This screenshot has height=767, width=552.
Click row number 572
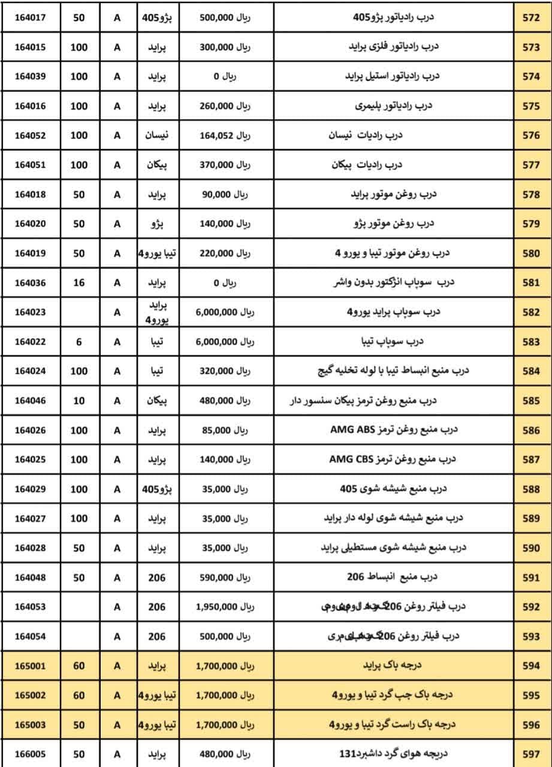click(x=531, y=18)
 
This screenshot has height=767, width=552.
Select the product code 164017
click(x=30, y=18)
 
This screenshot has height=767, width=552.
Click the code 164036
click(x=30, y=283)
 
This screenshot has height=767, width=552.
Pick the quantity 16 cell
click(x=79, y=283)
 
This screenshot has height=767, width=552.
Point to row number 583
click(x=531, y=342)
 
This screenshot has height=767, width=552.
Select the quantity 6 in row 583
click(x=79, y=342)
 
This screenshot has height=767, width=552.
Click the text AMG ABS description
click(x=394, y=430)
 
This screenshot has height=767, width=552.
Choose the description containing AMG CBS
click(x=393, y=460)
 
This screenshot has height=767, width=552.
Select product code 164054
click(x=30, y=636)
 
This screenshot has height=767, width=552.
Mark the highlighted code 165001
click(x=30, y=666)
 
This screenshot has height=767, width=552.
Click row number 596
click(x=531, y=724)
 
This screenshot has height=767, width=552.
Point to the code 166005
click(x=30, y=754)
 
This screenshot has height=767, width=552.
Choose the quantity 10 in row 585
click(x=79, y=401)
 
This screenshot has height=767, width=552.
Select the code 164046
click(x=30, y=401)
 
